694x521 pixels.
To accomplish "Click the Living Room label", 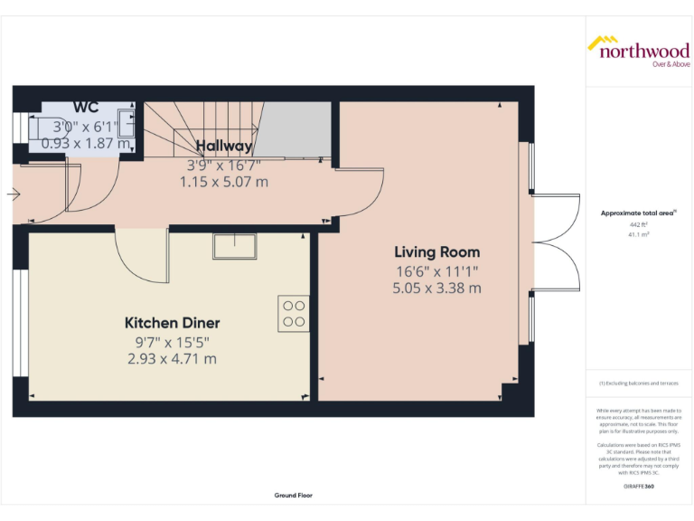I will click(x=436, y=252).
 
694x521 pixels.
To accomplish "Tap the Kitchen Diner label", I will click(x=172, y=323).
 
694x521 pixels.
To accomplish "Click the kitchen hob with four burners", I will click(x=295, y=313).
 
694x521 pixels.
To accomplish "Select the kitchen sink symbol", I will click(x=235, y=245).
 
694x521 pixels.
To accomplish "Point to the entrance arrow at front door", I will click(x=12, y=194).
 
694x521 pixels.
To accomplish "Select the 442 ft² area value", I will click(x=638, y=224).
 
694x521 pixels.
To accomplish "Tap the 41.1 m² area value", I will click(x=638, y=234).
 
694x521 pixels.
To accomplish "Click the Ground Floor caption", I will click(x=293, y=496).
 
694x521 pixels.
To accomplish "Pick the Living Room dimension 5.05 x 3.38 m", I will click(x=436, y=289).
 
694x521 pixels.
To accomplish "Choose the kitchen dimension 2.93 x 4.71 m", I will click(x=172, y=358).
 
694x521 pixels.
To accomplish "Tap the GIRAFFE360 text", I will click(x=638, y=487).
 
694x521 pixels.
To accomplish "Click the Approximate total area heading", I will click(x=637, y=213).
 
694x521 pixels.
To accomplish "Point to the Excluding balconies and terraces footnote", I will click(x=638, y=384).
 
